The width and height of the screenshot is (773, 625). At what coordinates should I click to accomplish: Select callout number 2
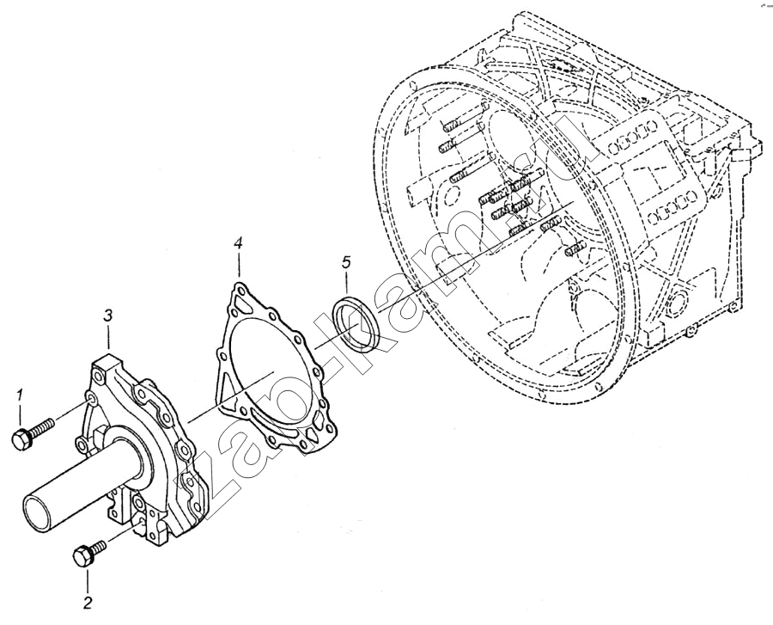(x=87, y=602)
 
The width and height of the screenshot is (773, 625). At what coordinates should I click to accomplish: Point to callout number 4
(x=238, y=244)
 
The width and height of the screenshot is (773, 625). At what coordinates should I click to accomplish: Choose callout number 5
(x=346, y=260)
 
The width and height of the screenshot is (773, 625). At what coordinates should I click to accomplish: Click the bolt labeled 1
(x=33, y=432)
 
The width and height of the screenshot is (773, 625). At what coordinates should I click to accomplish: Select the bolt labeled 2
(x=89, y=550)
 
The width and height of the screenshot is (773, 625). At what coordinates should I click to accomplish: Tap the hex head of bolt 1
(x=20, y=439)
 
